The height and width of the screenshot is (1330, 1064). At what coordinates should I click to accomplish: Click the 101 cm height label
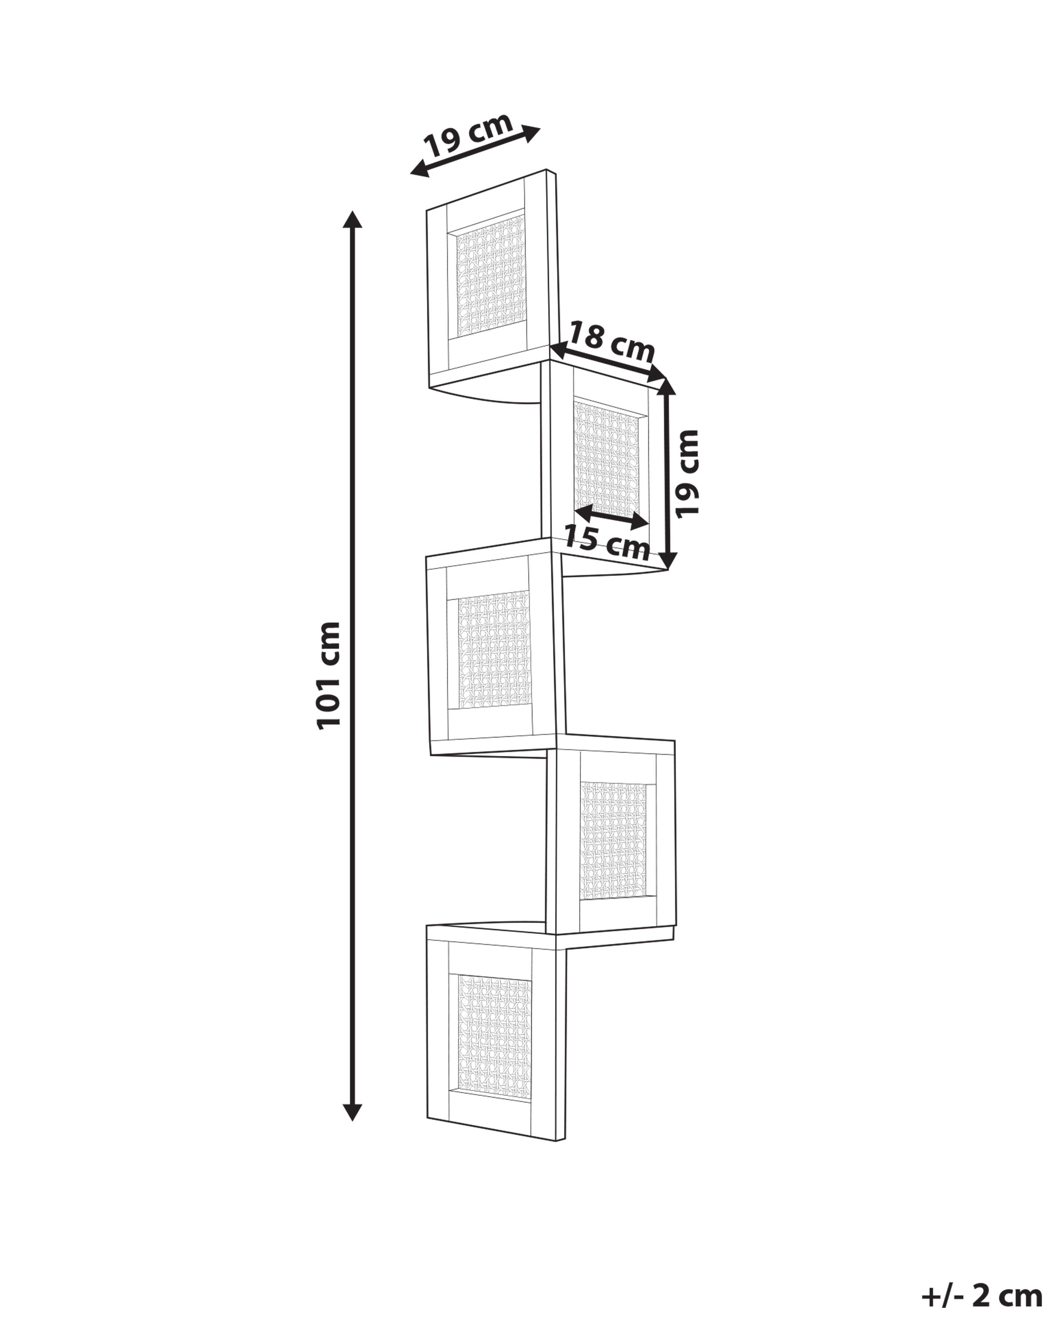point(328,676)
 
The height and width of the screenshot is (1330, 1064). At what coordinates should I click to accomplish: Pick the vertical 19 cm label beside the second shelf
point(687,474)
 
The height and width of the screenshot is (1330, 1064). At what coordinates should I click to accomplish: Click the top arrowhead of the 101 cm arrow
point(352,219)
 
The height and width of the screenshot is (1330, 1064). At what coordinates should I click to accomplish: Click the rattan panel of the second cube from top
point(607,460)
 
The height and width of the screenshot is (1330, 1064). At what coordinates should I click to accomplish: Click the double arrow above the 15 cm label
point(610,517)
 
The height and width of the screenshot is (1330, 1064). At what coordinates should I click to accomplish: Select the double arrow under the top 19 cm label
point(475,152)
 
